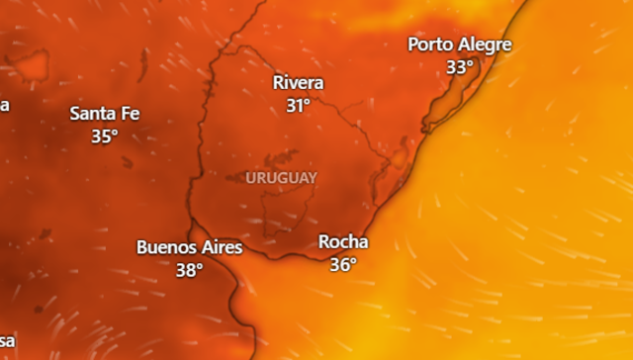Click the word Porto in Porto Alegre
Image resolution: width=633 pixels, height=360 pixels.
click(x=431, y=45)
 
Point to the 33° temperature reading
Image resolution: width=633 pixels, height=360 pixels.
click(x=459, y=67)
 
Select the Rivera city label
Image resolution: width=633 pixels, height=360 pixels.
click(x=298, y=83)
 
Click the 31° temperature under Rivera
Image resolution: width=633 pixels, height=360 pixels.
click(x=299, y=106)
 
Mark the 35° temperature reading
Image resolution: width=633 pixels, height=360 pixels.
click(x=105, y=136)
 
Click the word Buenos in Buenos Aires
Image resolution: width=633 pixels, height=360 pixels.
click(x=165, y=247)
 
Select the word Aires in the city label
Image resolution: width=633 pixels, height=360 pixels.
click(x=220, y=247)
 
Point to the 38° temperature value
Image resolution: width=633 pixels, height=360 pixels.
click(x=189, y=269)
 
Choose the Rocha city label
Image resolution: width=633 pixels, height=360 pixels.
click(x=343, y=242)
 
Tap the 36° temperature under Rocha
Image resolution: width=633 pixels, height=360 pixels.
click(x=343, y=265)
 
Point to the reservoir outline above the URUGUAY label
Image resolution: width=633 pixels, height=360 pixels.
click(x=281, y=157)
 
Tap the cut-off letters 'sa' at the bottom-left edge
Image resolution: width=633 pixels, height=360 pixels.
click(x=7, y=340)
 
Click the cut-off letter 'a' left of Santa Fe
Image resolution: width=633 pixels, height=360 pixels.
click(x=4, y=105)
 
